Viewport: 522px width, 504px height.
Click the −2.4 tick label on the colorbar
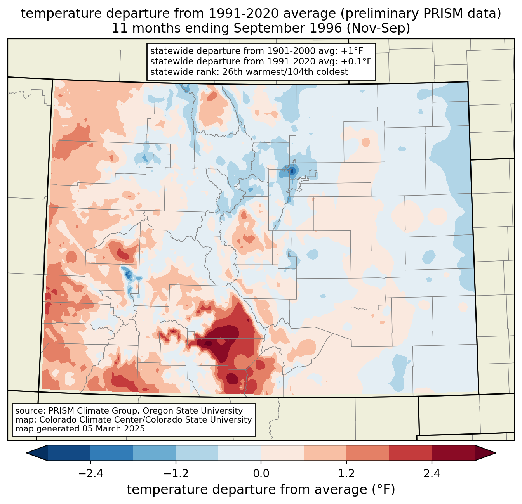coord(90,474)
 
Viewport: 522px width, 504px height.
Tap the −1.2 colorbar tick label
coord(176,474)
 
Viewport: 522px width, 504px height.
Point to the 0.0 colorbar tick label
coord(261,474)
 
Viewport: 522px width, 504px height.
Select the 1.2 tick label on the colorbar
coord(346,474)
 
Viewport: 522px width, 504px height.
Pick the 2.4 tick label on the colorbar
coord(432,474)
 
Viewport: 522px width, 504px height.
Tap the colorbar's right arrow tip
coord(494,453)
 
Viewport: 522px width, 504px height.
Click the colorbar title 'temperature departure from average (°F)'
coord(261,490)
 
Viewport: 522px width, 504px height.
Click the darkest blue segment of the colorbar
coord(69,453)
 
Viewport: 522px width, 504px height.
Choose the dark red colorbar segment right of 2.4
coord(453,453)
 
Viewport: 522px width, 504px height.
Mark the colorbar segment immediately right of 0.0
coord(282,453)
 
